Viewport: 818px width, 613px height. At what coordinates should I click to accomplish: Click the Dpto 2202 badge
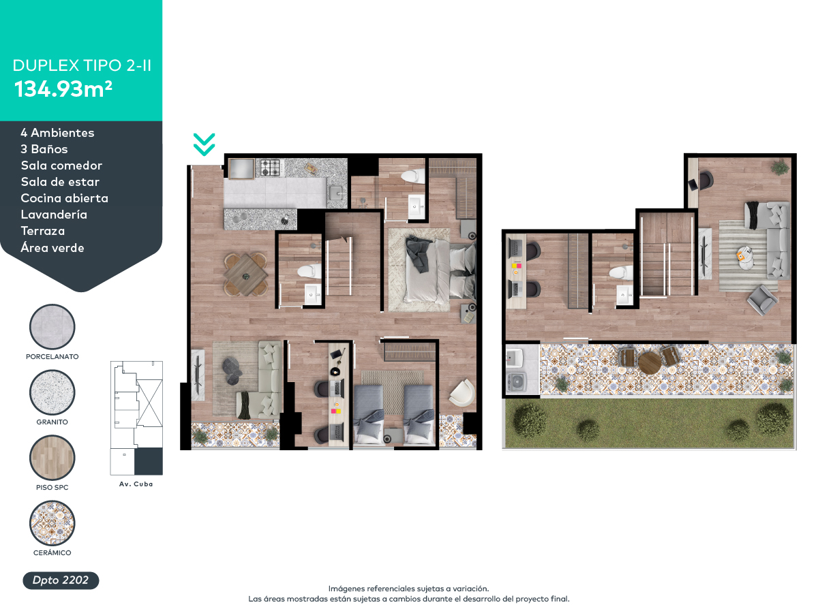click(x=61, y=580)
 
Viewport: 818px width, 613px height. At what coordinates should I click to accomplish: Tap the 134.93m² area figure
click(x=63, y=89)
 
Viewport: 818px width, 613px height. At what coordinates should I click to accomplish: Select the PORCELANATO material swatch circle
click(x=52, y=327)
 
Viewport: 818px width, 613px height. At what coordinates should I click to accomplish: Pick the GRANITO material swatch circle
click(x=52, y=392)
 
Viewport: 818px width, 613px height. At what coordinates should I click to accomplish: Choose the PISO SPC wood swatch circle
click(x=52, y=458)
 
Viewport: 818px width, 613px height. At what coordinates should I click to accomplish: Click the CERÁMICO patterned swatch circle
click(x=52, y=523)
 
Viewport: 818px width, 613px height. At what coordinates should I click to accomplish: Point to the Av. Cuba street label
click(x=136, y=484)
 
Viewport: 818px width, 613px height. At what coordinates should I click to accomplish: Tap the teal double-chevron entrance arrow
click(x=204, y=144)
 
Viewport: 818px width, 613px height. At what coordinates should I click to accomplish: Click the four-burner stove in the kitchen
click(x=270, y=168)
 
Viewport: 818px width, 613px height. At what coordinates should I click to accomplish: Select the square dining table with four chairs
click(x=245, y=274)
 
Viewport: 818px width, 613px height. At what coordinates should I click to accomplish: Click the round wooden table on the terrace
click(x=650, y=363)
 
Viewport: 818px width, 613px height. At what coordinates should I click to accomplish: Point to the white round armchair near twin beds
click(x=462, y=392)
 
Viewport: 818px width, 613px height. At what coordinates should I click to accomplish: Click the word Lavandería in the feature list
click(x=54, y=215)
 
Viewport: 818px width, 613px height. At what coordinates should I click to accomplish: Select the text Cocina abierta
click(x=65, y=198)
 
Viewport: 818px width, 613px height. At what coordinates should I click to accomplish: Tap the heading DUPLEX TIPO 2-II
click(x=82, y=65)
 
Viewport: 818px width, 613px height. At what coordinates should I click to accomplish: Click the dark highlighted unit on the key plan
click(x=149, y=461)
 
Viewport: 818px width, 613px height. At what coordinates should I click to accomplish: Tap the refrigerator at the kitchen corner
click(x=241, y=170)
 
